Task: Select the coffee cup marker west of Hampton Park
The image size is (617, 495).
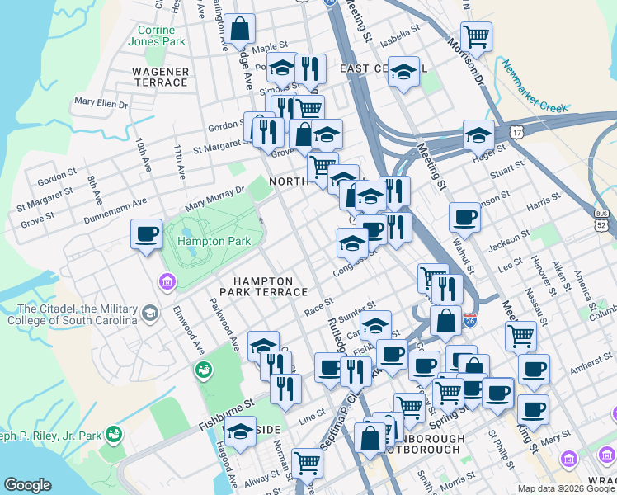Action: click(x=146, y=235)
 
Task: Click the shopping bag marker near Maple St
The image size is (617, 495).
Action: click(x=239, y=31)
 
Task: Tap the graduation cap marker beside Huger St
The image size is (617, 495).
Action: click(x=478, y=134)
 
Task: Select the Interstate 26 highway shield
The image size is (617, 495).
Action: click(x=469, y=318)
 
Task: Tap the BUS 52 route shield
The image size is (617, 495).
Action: click(x=602, y=219)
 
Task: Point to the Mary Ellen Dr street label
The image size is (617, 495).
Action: click(x=101, y=103)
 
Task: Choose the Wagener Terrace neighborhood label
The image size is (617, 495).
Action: click(x=160, y=77)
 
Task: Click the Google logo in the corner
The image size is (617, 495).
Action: click(x=28, y=485)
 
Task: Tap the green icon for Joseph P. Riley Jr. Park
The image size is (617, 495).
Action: click(x=115, y=432)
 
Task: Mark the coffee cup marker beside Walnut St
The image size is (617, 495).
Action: click(x=464, y=218)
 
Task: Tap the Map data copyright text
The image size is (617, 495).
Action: click(x=566, y=488)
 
